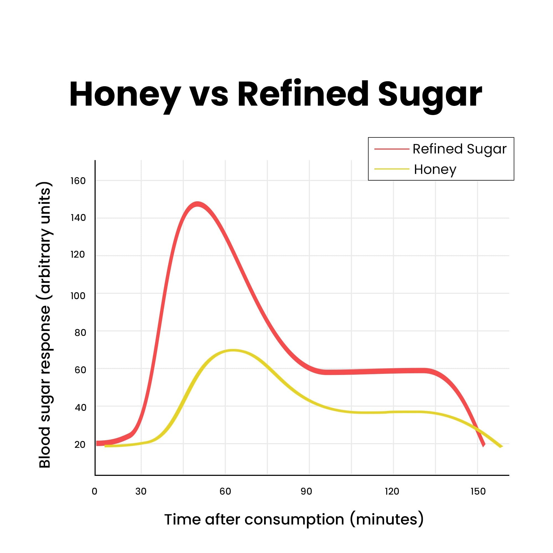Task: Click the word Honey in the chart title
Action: (x=125, y=95)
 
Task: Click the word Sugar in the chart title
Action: (x=430, y=95)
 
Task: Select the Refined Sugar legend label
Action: (x=459, y=149)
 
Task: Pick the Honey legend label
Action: (x=435, y=169)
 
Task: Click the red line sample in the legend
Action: (x=392, y=149)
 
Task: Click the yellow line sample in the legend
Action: (x=392, y=169)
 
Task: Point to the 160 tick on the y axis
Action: (x=78, y=181)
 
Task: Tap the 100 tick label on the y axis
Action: (x=78, y=296)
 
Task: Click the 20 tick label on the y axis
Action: (x=80, y=445)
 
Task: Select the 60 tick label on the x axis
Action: (x=225, y=491)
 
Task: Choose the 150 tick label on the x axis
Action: (x=478, y=491)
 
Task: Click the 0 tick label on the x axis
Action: (x=95, y=491)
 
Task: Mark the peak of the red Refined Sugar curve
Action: (x=197, y=204)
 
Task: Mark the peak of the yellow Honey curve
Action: (x=233, y=351)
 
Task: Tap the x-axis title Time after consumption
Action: (x=294, y=520)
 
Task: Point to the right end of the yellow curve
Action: (x=501, y=447)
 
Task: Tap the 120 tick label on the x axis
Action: (x=392, y=491)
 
